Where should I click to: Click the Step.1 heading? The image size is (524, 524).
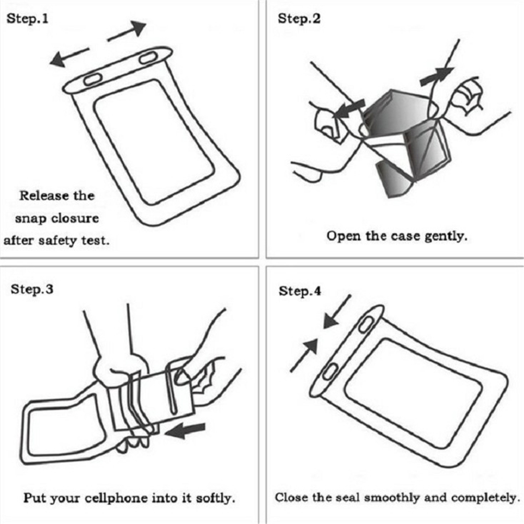click(x=27, y=19)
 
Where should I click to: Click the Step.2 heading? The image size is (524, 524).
click(x=299, y=19)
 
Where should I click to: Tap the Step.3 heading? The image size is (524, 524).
click(x=32, y=289)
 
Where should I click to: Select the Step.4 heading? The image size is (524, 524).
click(x=300, y=291)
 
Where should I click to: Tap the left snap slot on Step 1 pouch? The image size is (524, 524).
click(x=93, y=79)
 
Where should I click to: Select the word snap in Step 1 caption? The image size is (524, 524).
click(x=31, y=218)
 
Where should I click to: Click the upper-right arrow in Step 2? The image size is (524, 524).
click(x=437, y=75)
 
